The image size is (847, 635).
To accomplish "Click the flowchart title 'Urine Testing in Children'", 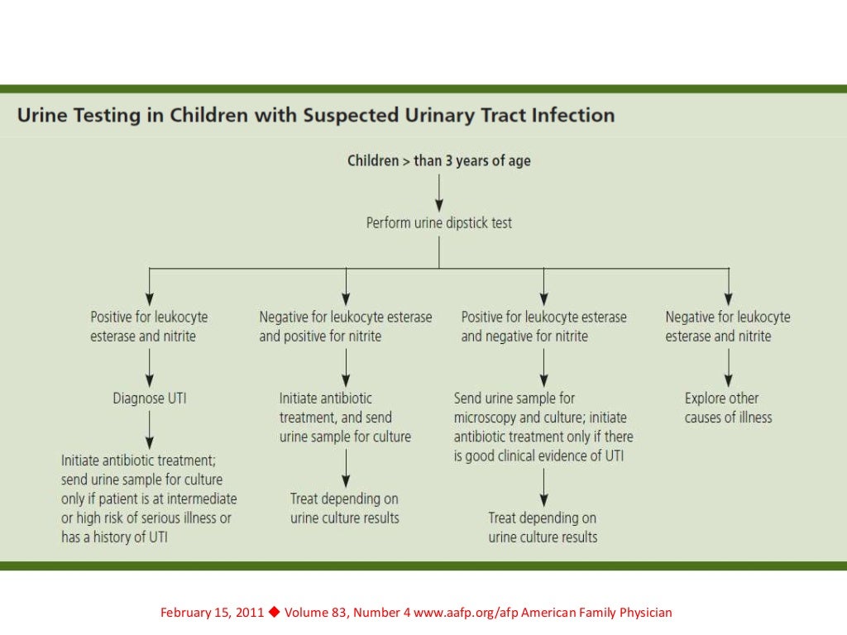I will coord(316,115).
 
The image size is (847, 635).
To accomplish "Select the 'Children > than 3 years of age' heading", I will coord(439,160).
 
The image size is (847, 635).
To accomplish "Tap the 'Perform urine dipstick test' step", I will coord(439,223).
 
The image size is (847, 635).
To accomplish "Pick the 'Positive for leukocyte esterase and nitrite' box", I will coord(149,327).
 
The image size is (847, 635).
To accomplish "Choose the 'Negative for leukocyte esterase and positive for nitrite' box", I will coord(346,327).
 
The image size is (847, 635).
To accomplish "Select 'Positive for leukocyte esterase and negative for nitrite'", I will coord(543,327).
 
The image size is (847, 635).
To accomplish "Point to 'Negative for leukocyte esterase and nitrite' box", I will coord(728,327).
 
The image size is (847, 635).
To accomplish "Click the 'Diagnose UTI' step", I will coord(150,399).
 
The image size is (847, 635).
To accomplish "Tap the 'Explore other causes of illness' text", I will coord(728,408).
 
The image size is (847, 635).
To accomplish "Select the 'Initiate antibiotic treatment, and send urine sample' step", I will coord(345,418).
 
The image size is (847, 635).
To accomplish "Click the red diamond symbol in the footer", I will coord(275,612).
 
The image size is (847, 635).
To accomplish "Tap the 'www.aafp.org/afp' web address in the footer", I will coord(459,613).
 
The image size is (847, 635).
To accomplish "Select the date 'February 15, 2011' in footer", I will coord(212,613).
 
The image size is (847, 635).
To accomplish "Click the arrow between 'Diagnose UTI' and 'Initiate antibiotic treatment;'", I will coord(150,429).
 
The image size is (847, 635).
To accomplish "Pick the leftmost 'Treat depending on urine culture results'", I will coord(345,508).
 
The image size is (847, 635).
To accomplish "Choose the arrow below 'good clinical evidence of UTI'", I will coord(543,488).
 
